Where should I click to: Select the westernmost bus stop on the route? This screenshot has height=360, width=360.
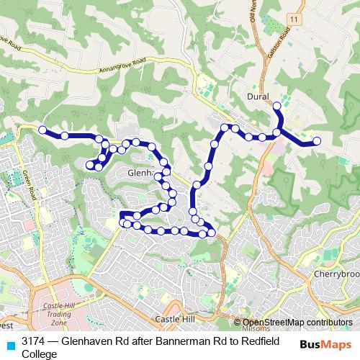42,130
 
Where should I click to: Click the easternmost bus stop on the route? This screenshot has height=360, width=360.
317,141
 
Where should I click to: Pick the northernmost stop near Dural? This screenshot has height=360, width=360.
276,107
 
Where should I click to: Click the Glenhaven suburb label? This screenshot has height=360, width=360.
141,174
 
